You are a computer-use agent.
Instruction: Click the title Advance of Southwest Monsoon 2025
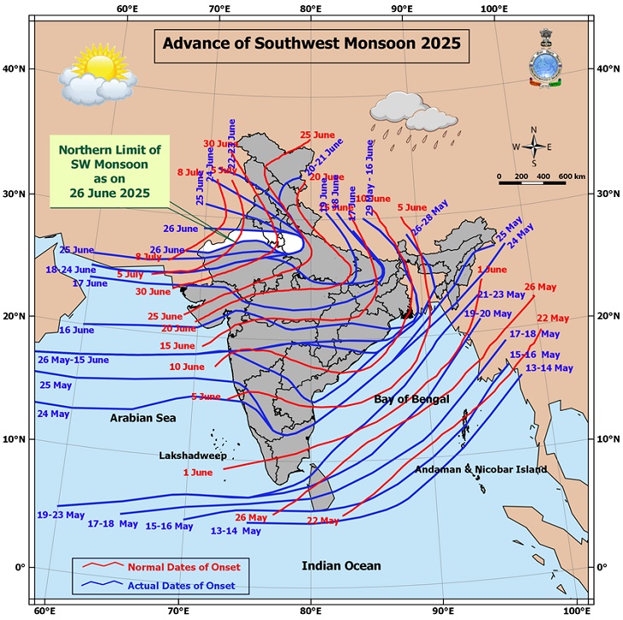tap(311, 42)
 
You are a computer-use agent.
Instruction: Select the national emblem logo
tap(544, 58)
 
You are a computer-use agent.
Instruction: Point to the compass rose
tap(533, 146)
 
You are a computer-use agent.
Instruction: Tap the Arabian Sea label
tap(142, 418)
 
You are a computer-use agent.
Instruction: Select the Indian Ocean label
tap(341, 565)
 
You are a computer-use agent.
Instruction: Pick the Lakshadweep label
tap(192, 455)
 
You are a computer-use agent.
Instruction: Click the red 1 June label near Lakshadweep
tap(197, 472)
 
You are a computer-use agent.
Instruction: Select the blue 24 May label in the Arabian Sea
tap(53, 414)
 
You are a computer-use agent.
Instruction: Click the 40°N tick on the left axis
tap(15, 68)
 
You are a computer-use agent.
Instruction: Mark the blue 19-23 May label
tap(61, 515)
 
